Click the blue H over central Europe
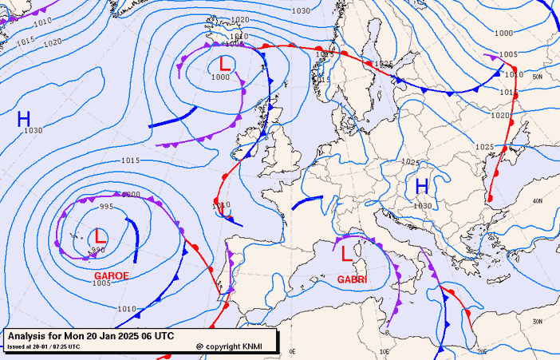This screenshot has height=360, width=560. pos(422,186)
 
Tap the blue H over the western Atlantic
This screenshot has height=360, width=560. pos(24,120)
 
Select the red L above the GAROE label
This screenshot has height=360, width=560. pos(100,236)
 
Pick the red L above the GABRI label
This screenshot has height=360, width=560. pos(346,254)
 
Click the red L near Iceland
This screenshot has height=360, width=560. pos(225,63)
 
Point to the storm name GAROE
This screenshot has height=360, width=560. pos(111,275)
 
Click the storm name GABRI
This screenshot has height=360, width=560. pos(351,279)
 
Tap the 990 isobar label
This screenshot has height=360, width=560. pos(97,251)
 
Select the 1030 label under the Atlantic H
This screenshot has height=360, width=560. pos(33,131)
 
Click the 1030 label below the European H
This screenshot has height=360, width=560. pos(423,206)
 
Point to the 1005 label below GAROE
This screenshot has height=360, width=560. pos(101,283)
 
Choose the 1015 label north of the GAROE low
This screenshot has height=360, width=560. pos(132,160)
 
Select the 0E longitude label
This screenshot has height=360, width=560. pos(292,351)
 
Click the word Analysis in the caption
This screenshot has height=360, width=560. pos(30,336)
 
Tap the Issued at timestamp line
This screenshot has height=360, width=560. pos(44,346)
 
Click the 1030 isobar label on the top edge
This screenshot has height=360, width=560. pos(301,10)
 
